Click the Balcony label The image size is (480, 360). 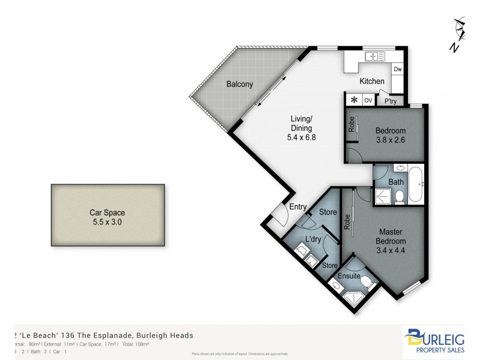(243, 85)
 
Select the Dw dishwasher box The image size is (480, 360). (397, 70)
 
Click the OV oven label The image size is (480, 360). (369, 100)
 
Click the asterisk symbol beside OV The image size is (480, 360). (355, 100)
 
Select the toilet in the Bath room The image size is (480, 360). (398, 195)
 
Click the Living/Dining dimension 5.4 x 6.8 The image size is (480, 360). (301, 137)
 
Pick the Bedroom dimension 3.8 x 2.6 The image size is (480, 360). (391, 142)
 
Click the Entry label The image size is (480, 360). (298, 207)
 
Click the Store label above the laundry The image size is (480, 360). (327, 212)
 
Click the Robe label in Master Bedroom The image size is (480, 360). (347, 221)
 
